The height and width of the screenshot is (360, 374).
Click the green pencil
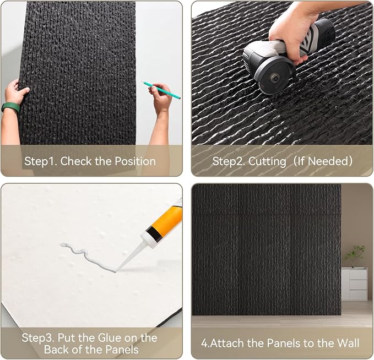[x=161, y=90]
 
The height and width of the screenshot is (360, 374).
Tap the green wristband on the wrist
[x=10, y=107]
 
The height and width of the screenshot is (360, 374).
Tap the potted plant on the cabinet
[x=355, y=257]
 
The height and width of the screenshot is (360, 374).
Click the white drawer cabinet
[x=354, y=283]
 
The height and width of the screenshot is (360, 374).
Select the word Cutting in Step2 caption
[x=267, y=161]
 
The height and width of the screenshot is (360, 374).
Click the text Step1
[x=41, y=161]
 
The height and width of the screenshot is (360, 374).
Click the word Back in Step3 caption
[x=57, y=350]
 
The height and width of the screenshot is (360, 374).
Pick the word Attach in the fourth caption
[x=227, y=343]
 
